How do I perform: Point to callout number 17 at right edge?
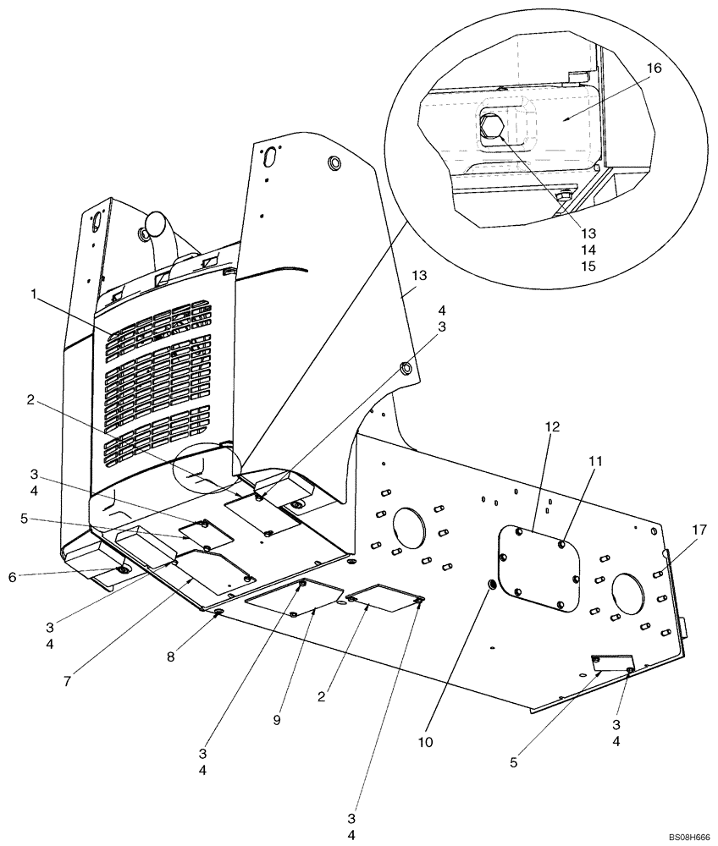pos(698,530)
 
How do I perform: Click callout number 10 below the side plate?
pos(425,742)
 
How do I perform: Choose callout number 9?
pos(276,719)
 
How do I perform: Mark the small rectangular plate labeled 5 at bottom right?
pos(611,662)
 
